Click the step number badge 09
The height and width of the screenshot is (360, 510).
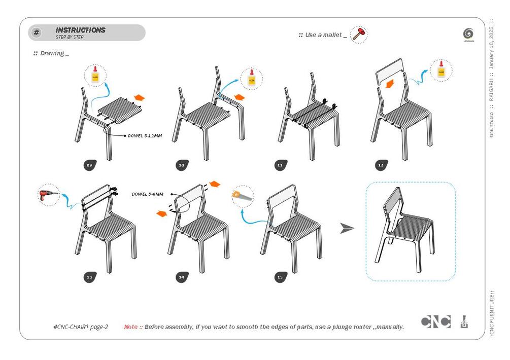[90, 165]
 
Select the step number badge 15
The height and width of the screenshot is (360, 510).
[280, 277]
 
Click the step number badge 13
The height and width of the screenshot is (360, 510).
[90, 277]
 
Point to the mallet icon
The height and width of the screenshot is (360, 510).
[359, 35]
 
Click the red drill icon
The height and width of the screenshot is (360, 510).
[49, 196]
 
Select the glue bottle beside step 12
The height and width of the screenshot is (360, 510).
[440, 70]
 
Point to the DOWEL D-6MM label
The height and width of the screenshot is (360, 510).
[148, 194]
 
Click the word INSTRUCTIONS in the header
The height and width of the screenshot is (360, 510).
[80, 30]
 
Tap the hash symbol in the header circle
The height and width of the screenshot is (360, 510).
[37, 33]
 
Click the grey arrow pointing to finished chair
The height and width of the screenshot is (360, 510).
[347, 229]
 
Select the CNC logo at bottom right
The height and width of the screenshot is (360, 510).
[435, 322]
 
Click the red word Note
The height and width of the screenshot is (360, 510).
[130, 327]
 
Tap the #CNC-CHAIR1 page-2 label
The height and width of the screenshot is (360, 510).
[80, 327]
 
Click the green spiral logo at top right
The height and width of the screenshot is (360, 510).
[468, 34]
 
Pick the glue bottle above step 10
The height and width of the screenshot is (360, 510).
[251, 79]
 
